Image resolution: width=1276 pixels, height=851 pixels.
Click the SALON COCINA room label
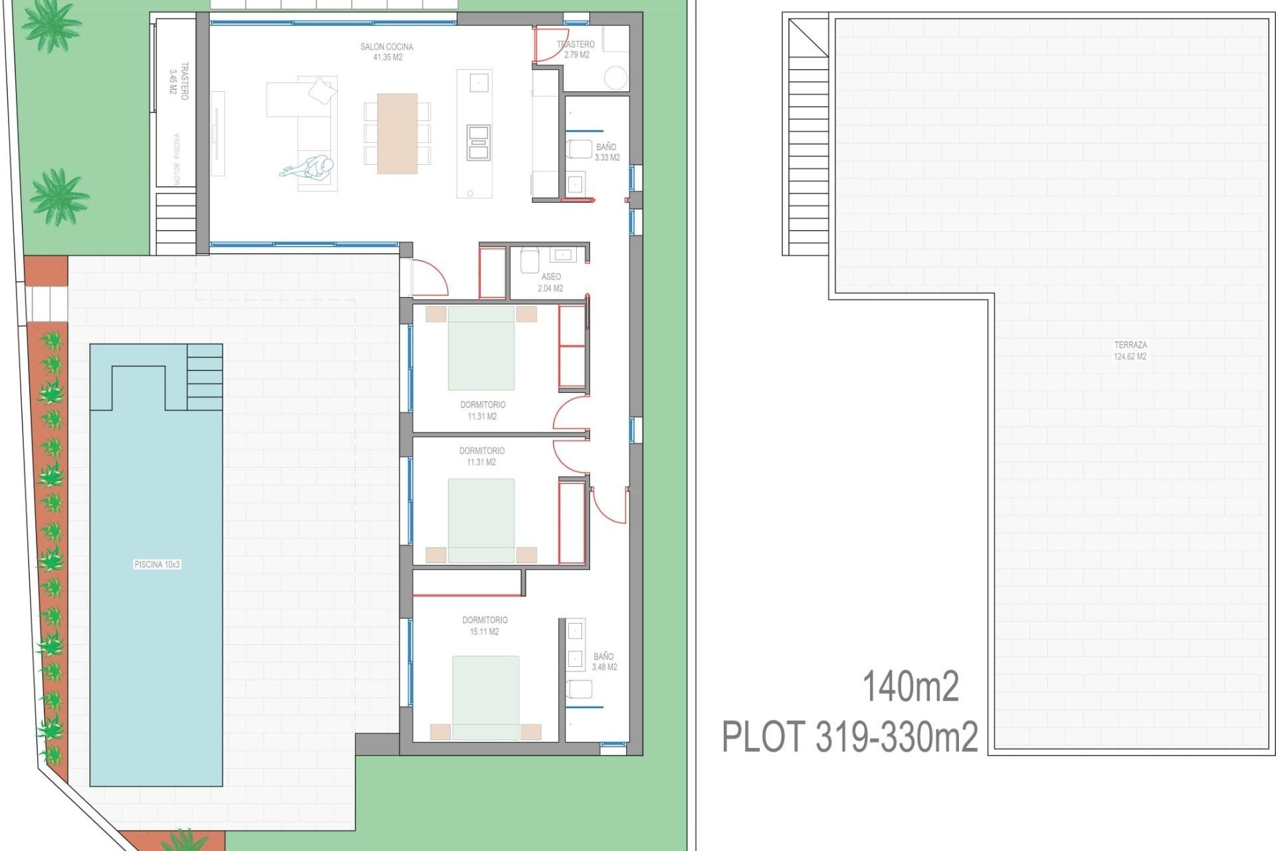387,52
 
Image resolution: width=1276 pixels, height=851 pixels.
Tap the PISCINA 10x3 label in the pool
157,564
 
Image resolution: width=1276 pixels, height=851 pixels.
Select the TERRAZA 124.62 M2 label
1130,350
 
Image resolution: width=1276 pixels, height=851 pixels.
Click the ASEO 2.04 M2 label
550,283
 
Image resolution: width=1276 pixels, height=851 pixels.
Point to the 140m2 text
910,687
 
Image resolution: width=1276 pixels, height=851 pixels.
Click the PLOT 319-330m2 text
849,737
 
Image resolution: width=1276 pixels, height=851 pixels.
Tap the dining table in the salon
397,134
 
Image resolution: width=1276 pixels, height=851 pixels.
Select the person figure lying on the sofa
308,167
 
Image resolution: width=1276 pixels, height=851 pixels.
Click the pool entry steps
205,377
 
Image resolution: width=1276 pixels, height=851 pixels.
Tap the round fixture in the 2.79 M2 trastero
616,78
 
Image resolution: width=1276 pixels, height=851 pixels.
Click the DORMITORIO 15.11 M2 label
484,626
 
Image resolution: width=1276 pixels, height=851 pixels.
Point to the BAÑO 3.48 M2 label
604,662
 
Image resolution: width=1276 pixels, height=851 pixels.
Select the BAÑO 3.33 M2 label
606,152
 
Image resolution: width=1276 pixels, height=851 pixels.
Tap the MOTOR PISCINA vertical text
177,159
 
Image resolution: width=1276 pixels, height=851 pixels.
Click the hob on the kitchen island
478,142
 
